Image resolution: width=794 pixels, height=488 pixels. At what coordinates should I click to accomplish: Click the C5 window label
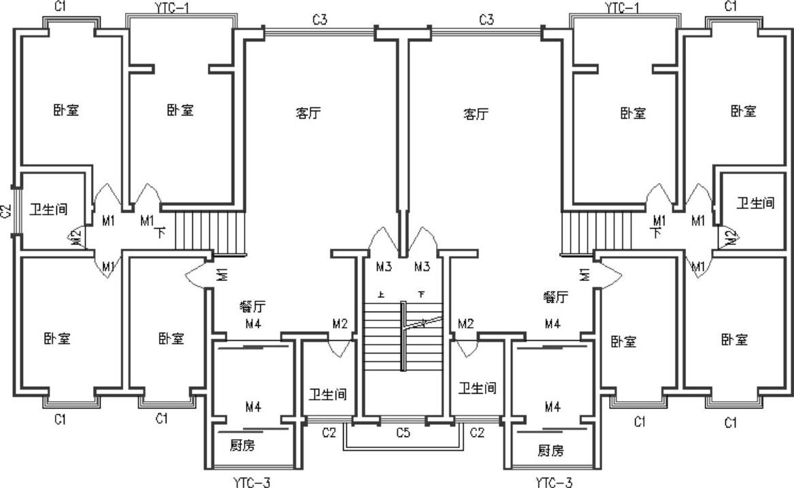403,433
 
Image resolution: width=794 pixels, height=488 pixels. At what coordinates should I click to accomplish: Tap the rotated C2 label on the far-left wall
7,211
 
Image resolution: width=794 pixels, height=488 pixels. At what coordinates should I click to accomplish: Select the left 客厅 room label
308,113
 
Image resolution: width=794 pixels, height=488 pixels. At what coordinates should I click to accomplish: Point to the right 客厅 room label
475,113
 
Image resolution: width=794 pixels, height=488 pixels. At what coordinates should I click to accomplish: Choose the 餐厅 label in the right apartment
555,297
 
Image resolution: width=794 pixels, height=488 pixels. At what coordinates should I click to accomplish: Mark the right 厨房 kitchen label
551,450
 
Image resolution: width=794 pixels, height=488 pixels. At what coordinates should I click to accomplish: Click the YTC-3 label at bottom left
251,483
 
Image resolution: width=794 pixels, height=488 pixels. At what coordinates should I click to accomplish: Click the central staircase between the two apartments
403,336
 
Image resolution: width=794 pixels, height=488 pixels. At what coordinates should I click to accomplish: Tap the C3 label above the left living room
320,20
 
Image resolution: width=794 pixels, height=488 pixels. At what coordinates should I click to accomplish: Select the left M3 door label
384,267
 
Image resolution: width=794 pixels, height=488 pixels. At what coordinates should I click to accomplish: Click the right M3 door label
422,267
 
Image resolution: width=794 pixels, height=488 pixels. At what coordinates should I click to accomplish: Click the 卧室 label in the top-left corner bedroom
67,110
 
